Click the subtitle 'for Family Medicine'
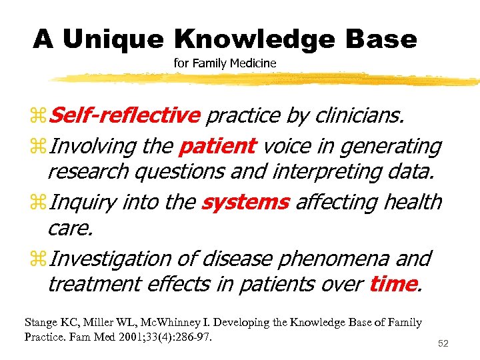[x=225, y=63]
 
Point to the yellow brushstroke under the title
[x=267, y=79]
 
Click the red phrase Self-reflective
[x=125, y=116]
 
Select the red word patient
[x=217, y=145]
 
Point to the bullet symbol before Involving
[x=39, y=146]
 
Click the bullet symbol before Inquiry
[x=39, y=202]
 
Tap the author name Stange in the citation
[x=41, y=323]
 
